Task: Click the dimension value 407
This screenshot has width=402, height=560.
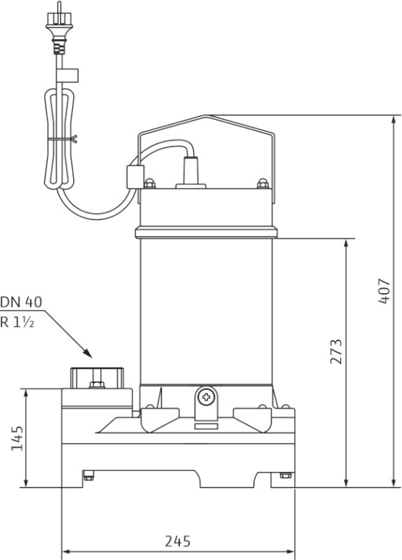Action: (384, 291)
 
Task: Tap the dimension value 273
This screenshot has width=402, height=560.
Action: (336, 351)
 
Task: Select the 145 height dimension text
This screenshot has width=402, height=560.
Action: (17, 438)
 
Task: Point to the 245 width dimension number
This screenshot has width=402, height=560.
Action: (177, 542)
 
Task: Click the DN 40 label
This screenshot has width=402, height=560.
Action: (21, 302)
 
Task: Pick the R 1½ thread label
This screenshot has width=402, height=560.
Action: (17, 323)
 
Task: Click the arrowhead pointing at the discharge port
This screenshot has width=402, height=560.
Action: (87, 353)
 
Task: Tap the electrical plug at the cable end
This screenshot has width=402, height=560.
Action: (60, 28)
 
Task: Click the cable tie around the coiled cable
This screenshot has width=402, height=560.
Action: (62, 140)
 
